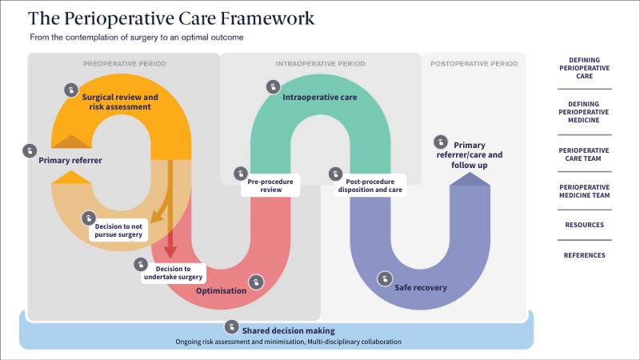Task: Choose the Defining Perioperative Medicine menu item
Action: pyautogui.click(x=583, y=113)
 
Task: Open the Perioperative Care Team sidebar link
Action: pyautogui.click(x=583, y=155)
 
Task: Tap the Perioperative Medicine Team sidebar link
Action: pyautogui.click(x=583, y=192)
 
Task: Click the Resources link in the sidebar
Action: pyautogui.click(x=583, y=225)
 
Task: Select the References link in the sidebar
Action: pyautogui.click(x=583, y=255)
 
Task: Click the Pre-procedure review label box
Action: pyautogui.click(x=270, y=186)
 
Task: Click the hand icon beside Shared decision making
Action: pyautogui.click(x=232, y=326)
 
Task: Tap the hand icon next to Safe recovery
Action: pyautogui.click(x=385, y=279)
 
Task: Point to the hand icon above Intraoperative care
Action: pyautogui.click(x=274, y=86)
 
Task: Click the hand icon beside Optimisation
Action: pyautogui.click(x=256, y=282)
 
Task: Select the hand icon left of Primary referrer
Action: pyautogui.click(x=30, y=150)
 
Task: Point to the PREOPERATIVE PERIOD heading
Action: pyautogui.click(x=123, y=63)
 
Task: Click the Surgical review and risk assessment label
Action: pyautogui.click(x=120, y=101)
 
